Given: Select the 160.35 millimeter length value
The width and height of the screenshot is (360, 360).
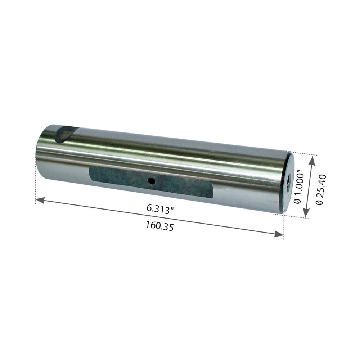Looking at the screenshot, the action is coord(160,225).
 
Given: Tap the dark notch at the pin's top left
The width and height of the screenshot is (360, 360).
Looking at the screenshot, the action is coord(66,134).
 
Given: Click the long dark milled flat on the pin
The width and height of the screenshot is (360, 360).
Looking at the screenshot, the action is coord(151,181).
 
